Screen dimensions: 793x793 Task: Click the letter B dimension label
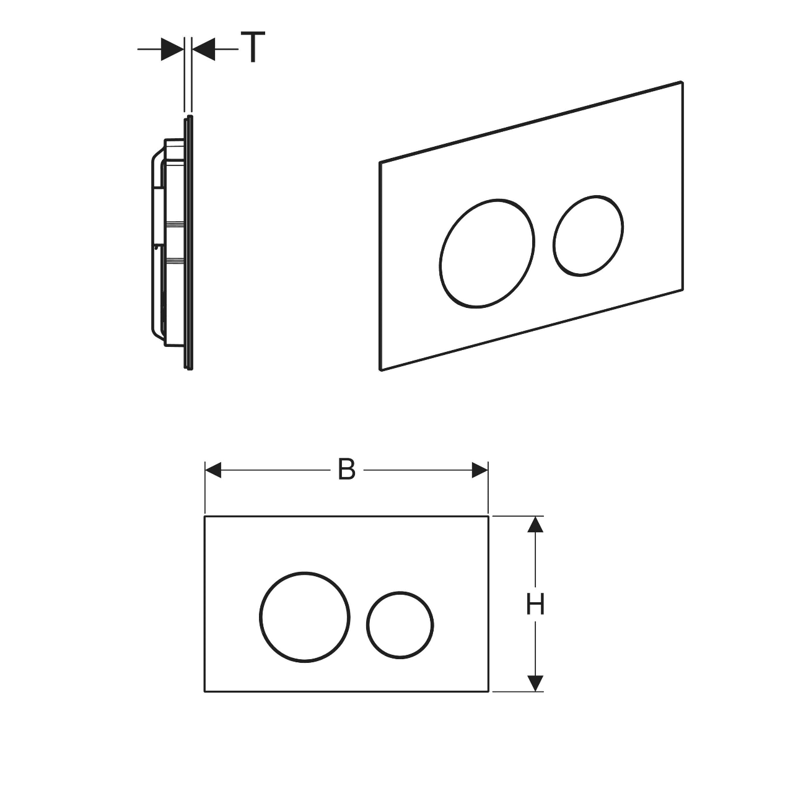click(x=346, y=470)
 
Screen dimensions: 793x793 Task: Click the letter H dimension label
click(x=535, y=605)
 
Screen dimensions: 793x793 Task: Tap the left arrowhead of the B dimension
click(x=213, y=470)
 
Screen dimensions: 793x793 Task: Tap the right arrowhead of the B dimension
click(x=480, y=470)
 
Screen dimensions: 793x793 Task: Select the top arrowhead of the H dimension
click(x=535, y=524)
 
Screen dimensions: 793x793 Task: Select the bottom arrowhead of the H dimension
click(x=535, y=683)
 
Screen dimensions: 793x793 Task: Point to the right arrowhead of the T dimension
click(x=204, y=50)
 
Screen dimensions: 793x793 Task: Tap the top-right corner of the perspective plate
click(x=682, y=82)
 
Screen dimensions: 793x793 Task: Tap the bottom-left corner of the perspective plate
click(x=380, y=369)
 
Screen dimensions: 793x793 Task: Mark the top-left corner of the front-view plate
click(x=205, y=516)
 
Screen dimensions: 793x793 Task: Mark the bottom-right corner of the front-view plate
click(x=488, y=691)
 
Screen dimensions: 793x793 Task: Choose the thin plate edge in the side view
click(x=188, y=243)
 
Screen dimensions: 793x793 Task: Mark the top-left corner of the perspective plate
click(x=380, y=162)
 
